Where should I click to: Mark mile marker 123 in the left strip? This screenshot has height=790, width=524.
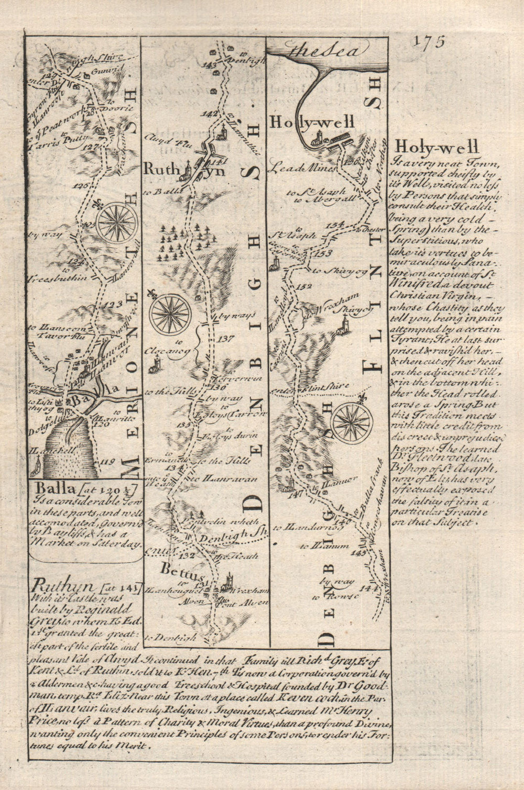pos(112,304)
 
